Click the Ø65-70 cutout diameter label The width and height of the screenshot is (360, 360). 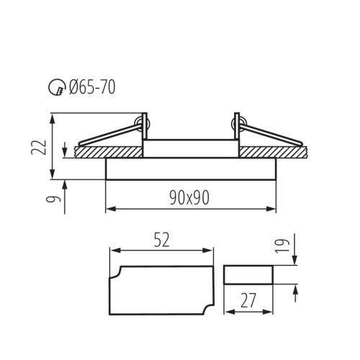pos(92,87)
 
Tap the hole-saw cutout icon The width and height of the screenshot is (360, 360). pos(57,87)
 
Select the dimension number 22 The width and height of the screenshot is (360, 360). pos(39,147)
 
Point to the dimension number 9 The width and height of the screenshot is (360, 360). pos(53,199)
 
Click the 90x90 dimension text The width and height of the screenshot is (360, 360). pos(189,198)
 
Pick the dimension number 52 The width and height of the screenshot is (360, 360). pos(161,240)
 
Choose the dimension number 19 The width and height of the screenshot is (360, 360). pos(282,246)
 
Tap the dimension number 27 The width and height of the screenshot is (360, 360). pos(248,300)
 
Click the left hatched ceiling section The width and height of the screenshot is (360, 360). pos(109,152)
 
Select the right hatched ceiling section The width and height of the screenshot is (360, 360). pos(273,152)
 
